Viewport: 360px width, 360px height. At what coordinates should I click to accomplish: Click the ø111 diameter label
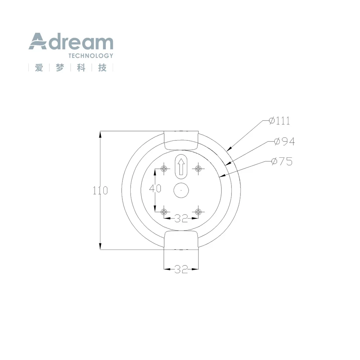[x=279, y=121]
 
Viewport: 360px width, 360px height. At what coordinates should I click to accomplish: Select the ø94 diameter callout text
[x=284, y=141]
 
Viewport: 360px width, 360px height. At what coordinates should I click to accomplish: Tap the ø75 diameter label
[x=282, y=161]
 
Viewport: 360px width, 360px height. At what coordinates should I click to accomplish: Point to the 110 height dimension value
[x=100, y=190]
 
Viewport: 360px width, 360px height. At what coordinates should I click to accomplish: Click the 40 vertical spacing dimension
[x=155, y=189]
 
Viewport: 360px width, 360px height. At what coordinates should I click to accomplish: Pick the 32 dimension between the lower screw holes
[x=181, y=219]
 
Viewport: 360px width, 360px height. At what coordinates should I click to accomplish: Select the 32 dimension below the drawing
[x=181, y=269]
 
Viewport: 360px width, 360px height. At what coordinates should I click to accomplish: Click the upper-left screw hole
[x=164, y=169]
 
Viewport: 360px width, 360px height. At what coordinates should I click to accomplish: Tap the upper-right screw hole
[x=198, y=169]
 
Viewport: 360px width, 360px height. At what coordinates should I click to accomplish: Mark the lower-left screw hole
[x=164, y=212]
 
